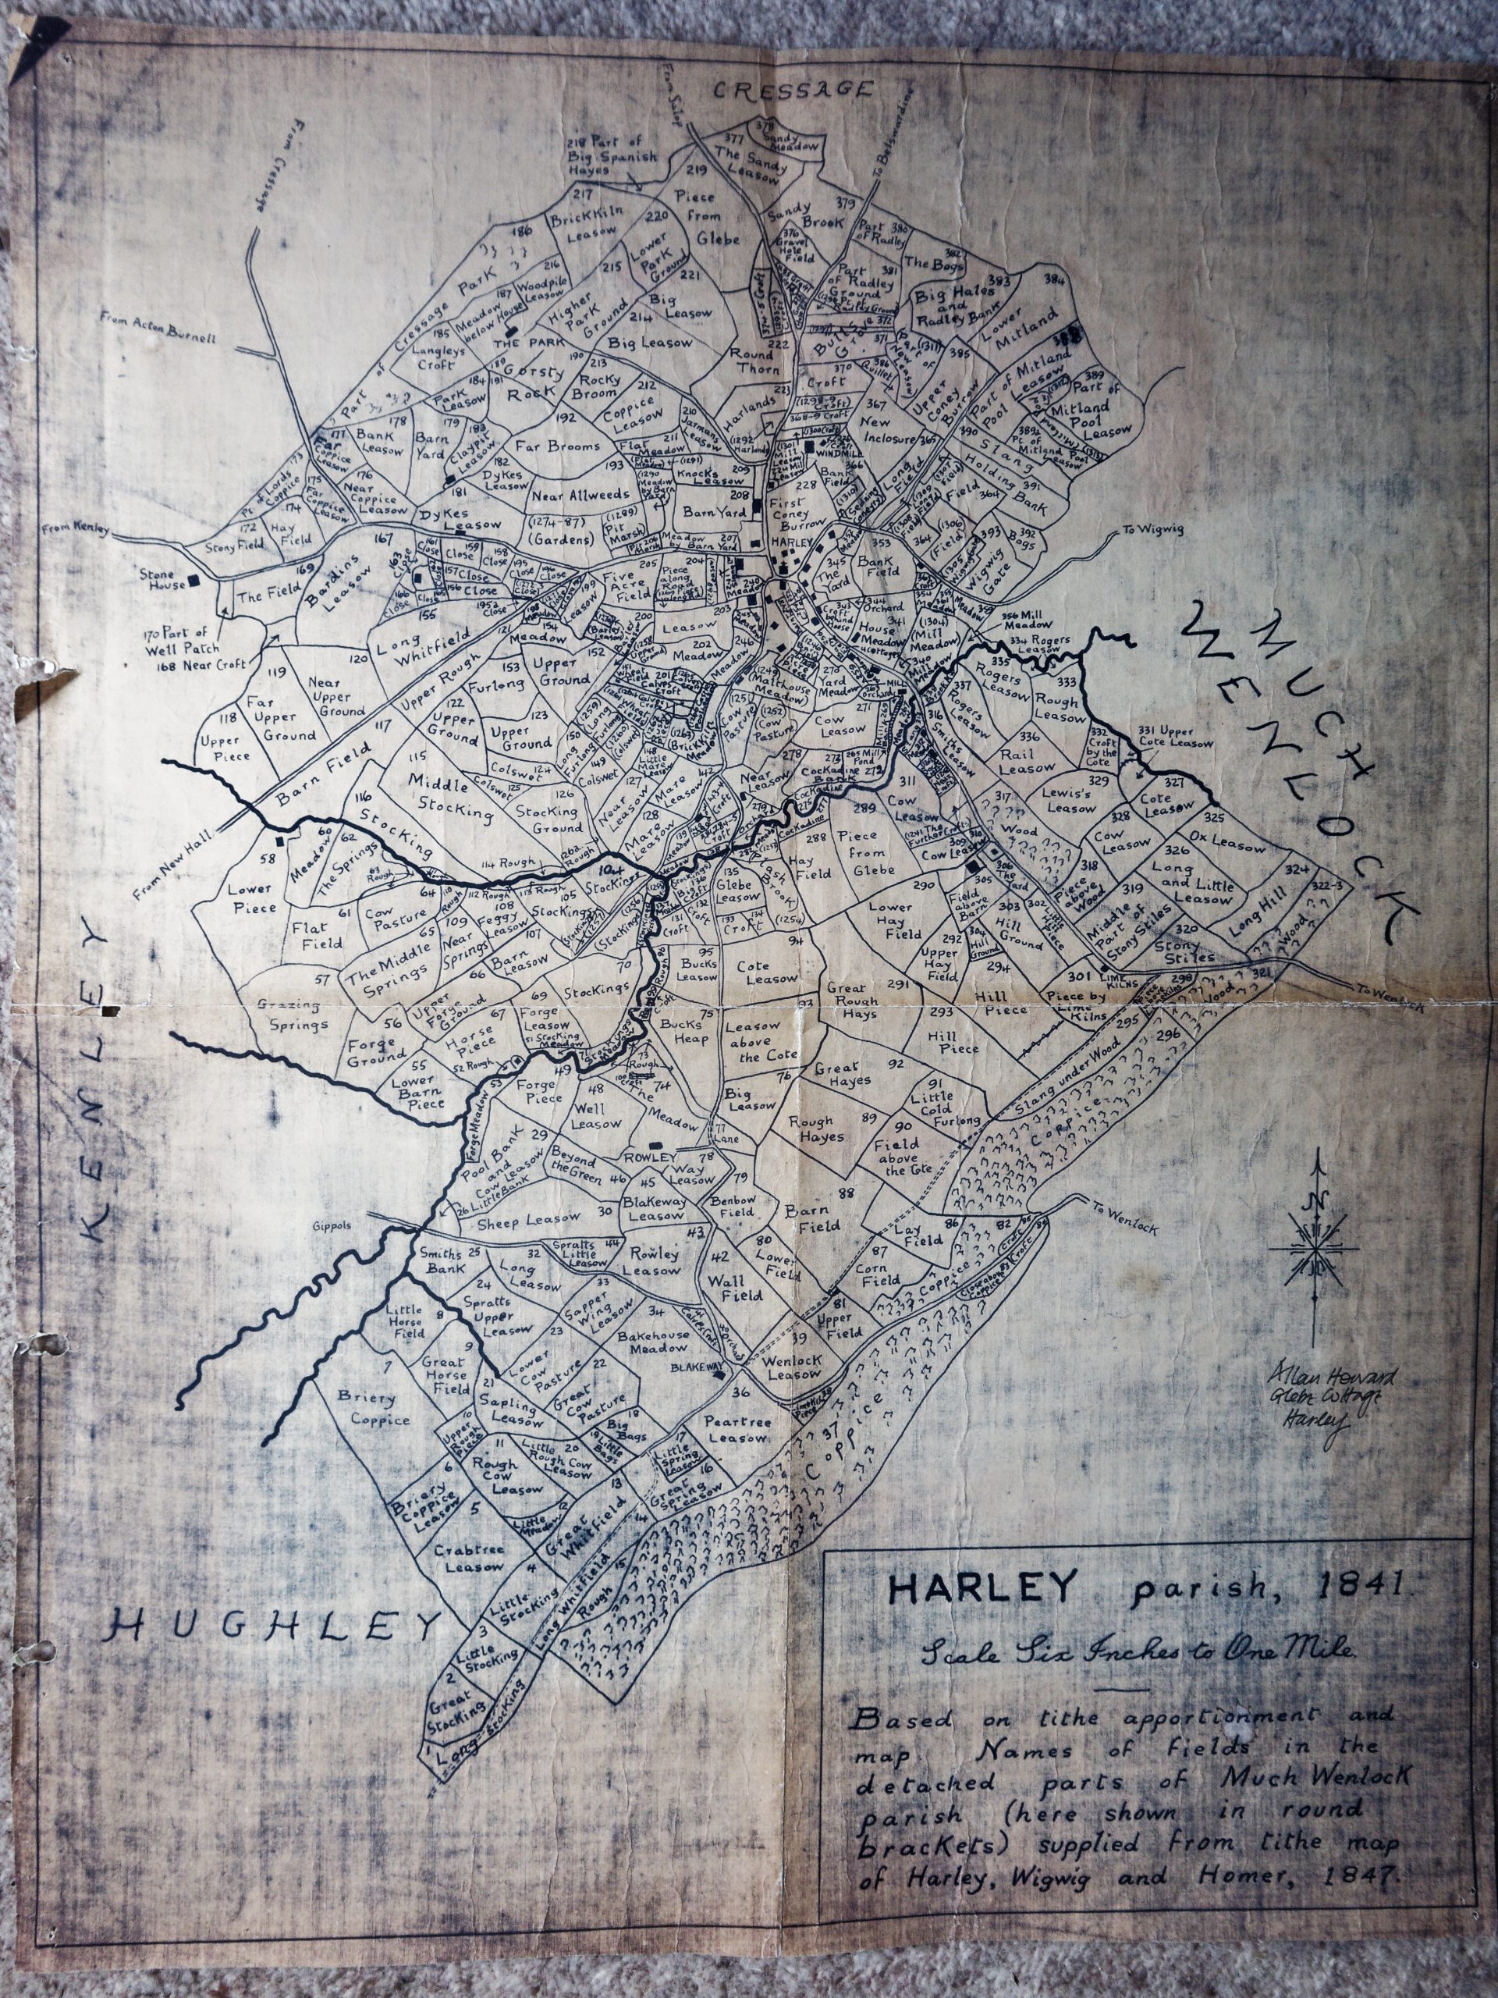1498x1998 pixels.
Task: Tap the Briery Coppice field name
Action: click(367, 1408)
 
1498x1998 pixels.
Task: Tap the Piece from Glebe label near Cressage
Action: click(705, 218)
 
